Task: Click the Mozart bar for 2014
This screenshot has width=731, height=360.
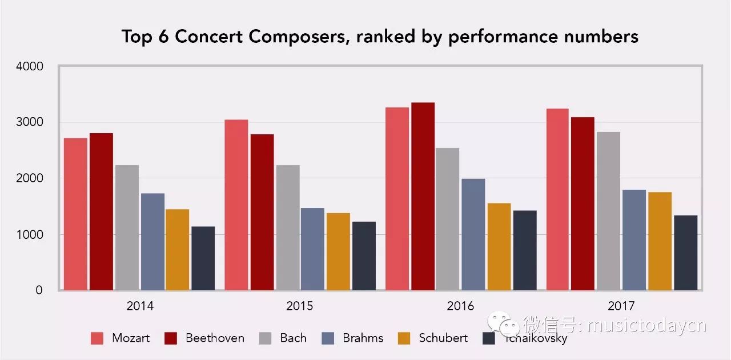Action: tap(75, 214)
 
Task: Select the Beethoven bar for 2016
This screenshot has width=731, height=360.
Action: tap(423, 197)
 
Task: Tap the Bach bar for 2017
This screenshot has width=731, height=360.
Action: tap(608, 211)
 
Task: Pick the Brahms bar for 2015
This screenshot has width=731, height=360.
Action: tap(312, 249)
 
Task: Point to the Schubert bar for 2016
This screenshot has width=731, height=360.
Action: tap(499, 247)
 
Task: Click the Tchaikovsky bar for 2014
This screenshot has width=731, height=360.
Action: tap(203, 258)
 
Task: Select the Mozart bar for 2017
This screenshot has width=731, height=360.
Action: tap(557, 199)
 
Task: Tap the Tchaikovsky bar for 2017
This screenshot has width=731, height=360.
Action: tap(685, 253)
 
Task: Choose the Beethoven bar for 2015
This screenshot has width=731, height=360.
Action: tap(262, 213)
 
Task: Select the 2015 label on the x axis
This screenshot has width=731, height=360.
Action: tap(300, 306)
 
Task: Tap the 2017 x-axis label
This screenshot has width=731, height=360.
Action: tap(621, 306)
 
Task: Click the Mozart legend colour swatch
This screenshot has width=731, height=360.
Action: tap(97, 338)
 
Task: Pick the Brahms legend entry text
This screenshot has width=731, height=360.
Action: tap(363, 338)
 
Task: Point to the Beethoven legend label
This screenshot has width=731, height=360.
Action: tap(215, 338)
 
